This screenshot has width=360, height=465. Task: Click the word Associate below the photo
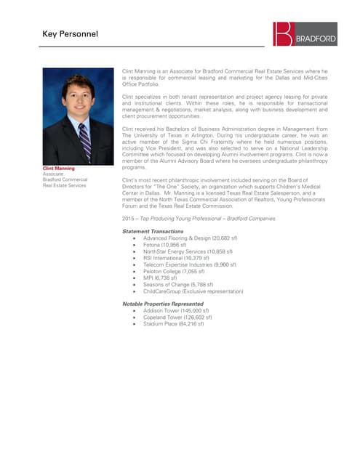tap(54, 174)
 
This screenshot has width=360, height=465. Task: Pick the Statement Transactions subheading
tap(153, 231)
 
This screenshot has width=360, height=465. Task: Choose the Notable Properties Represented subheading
tap(163, 304)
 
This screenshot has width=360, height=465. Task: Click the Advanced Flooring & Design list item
tap(187, 238)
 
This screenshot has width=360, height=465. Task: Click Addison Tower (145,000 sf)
tap(176, 310)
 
